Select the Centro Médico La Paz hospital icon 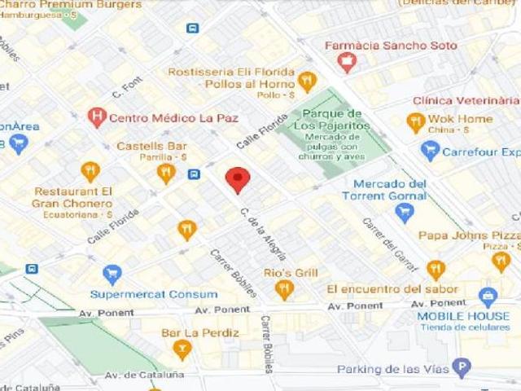[x=97, y=117]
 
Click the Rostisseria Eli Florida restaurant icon [x=307, y=81]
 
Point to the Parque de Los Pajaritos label [x=331, y=120]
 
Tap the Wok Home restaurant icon [x=416, y=122]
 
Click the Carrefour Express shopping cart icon [x=430, y=151]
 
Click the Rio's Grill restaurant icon [x=284, y=288]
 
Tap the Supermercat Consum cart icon [x=112, y=275]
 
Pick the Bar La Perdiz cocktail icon [x=182, y=350]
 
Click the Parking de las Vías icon [x=462, y=368]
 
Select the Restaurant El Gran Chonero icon [x=90, y=172]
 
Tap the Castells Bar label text [x=151, y=146]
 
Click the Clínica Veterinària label [x=466, y=100]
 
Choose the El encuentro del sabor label [x=386, y=289]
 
